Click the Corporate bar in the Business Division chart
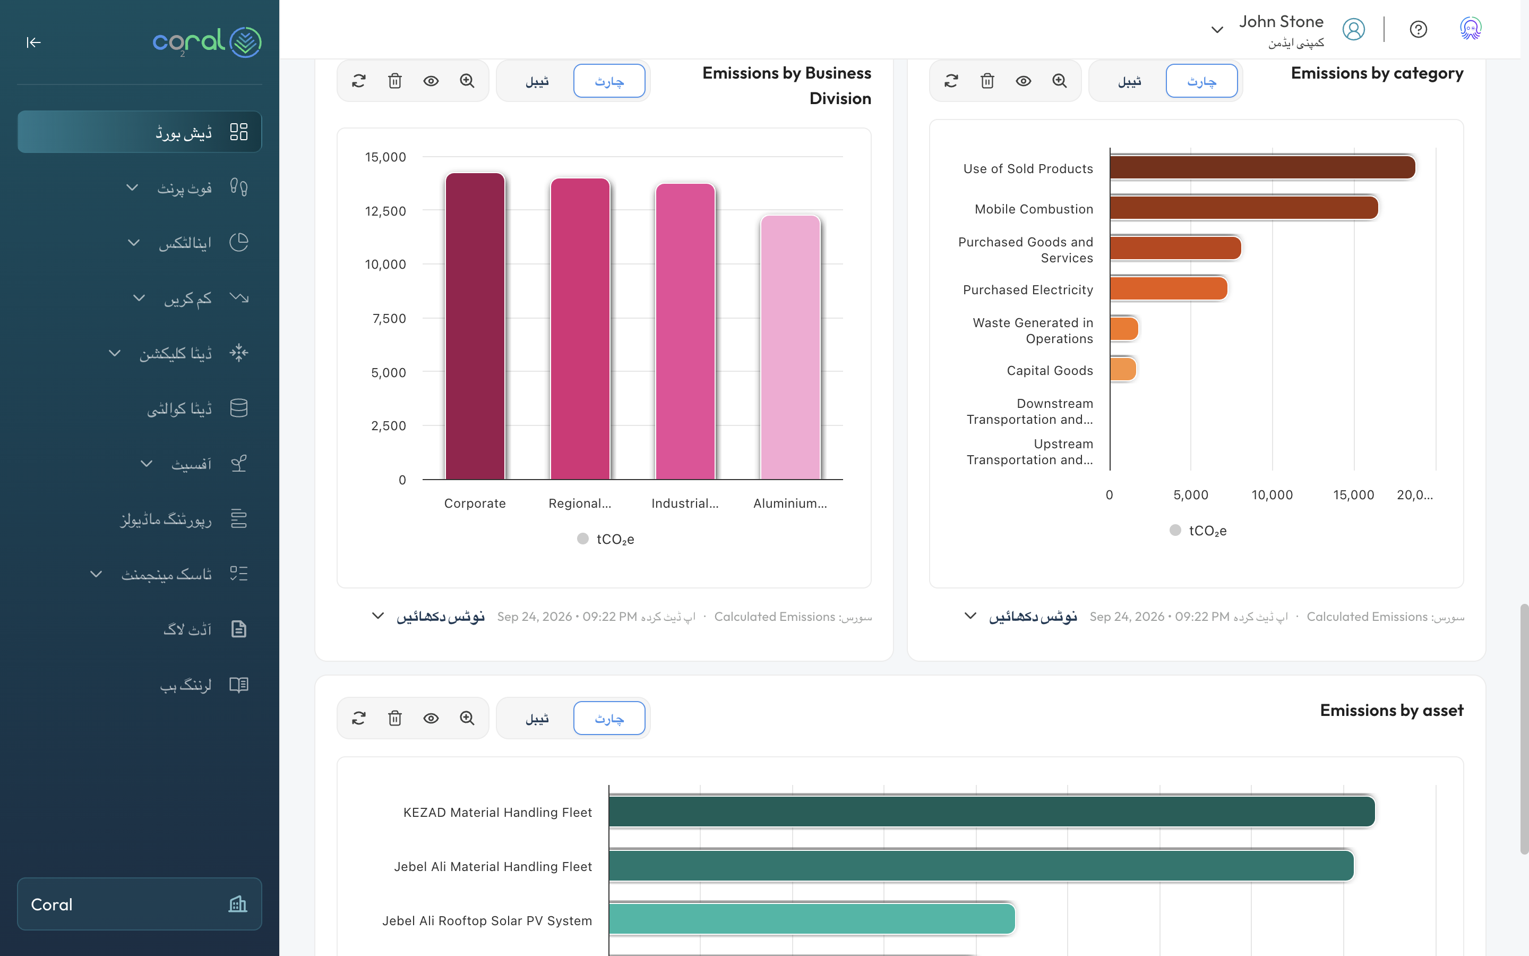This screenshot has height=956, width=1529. click(x=475, y=326)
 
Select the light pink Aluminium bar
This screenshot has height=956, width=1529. click(x=791, y=347)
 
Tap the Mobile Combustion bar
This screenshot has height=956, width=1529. click(x=1243, y=208)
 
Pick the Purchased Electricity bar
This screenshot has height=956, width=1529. click(x=1168, y=289)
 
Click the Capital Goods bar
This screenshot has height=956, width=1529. click(x=1123, y=370)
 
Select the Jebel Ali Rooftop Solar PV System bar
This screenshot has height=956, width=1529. click(x=812, y=919)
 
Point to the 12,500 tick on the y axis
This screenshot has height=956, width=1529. click(x=385, y=211)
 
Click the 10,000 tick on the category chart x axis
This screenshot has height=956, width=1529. click(x=1272, y=495)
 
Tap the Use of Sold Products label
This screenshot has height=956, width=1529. click(x=1028, y=169)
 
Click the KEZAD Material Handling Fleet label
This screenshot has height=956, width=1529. click(x=498, y=813)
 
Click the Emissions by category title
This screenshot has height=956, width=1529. click(x=1377, y=73)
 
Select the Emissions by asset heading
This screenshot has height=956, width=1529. click(x=1392, y=711)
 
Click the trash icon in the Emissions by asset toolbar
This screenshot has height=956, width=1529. click(x=395, y=718)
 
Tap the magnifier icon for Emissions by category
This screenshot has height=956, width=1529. click(x=1060, y=81)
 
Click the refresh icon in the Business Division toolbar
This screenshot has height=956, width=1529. click(x=359, y=81)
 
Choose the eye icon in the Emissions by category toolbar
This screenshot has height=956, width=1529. click(x=1024, y=81)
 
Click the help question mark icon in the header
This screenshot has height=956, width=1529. click(x=1419, y=29)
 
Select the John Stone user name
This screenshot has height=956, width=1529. click(x=1281, y=21)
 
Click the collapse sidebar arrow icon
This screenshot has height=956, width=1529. click(x=33, y=42)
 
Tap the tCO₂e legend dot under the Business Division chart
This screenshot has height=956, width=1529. click(x=582, y=539)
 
